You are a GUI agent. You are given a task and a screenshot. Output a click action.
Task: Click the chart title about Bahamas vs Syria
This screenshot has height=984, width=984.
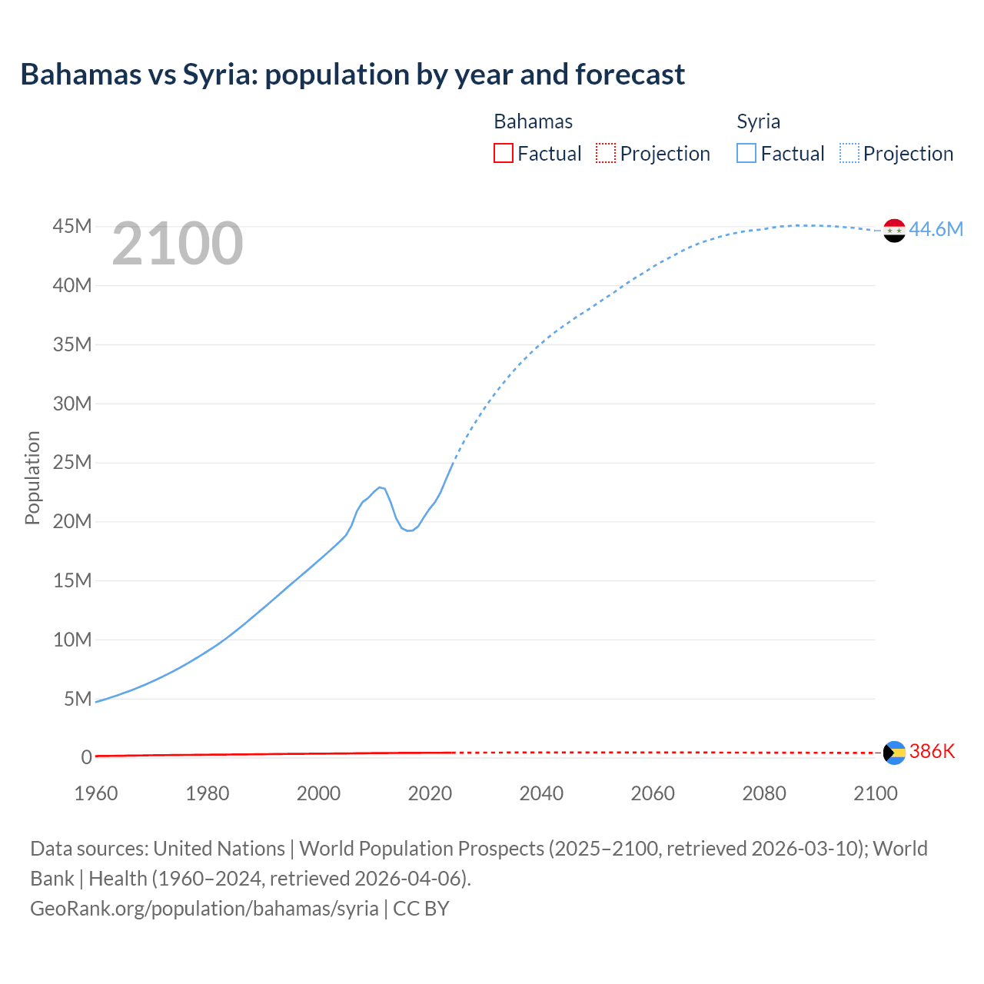(352, 75)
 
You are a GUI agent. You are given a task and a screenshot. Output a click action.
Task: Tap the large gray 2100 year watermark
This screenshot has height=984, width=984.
(178, 244)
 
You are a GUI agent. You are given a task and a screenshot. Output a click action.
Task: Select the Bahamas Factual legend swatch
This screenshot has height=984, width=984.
(503, 154)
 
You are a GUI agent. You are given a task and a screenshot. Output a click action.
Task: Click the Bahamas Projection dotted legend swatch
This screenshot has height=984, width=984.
(606, 154)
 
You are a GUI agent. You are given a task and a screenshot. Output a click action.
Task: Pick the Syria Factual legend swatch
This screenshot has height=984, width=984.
(746, 154)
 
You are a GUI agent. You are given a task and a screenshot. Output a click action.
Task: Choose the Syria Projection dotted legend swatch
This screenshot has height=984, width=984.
(849, 154)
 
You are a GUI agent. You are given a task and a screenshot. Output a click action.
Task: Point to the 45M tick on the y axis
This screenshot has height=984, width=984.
(72, 226)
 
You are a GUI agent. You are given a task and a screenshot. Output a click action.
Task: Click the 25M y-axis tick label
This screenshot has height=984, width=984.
(72, 462)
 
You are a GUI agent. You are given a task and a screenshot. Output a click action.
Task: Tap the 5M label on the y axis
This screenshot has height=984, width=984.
(78, 698)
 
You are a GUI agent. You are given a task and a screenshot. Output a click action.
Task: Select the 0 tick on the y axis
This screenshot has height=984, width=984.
(86, 757)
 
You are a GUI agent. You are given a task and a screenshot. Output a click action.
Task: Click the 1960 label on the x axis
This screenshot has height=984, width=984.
(96, 793)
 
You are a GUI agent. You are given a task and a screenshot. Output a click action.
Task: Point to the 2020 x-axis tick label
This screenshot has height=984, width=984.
(430, 793)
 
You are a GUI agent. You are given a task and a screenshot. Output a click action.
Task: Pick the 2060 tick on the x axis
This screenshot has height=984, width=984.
(653, 793)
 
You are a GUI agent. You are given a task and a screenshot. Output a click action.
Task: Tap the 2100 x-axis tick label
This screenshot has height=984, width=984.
(875, 793)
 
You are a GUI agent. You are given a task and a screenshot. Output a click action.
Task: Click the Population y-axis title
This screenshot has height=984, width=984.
(32, 477)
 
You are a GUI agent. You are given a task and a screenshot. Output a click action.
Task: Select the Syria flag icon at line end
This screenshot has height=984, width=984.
(894, 230)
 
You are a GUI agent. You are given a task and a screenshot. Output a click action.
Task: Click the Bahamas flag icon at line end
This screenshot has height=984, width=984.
(894, 753)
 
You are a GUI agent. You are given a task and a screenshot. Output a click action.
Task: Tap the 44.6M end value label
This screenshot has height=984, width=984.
(936, 229)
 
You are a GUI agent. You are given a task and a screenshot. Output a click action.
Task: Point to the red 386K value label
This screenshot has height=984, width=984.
(932, 751)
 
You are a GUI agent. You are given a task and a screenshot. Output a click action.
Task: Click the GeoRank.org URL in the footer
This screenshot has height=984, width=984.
(204, 908)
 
